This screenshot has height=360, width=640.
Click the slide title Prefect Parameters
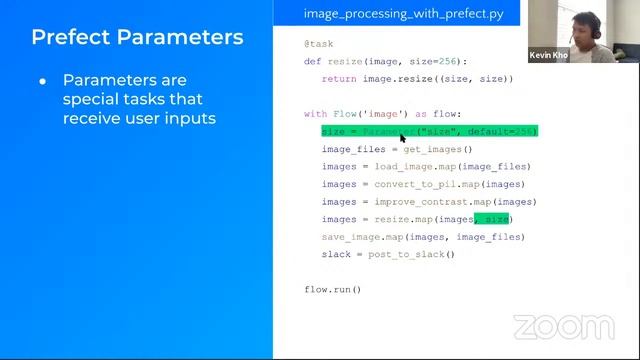[137, 38]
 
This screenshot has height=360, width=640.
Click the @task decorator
[319, 44]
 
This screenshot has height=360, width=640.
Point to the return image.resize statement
[417, 79]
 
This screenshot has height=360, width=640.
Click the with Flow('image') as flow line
[382, 114]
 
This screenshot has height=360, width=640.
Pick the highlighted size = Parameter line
[429, 132]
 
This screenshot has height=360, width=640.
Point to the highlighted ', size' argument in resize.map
[493, 219]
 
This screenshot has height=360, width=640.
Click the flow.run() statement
[332, 289]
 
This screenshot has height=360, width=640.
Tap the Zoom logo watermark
[563, 327]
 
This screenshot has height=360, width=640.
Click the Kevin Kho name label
[548, 56]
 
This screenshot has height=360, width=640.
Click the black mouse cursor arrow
[403, 138]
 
